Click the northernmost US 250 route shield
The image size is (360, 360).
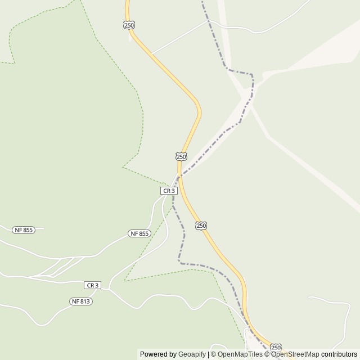129,25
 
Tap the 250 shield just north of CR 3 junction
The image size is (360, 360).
181,156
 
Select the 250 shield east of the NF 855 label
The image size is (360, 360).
201,226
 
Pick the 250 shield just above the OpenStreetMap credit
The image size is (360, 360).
276,348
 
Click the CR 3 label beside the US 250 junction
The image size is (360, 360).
169,191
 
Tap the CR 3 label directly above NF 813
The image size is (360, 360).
92,285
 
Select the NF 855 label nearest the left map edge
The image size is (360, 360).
24,229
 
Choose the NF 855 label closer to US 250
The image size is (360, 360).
139,233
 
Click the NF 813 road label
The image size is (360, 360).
81,301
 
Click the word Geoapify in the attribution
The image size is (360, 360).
192,354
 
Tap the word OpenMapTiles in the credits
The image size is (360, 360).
240,354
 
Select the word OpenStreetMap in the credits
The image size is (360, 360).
295,354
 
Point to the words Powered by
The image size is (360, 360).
158,354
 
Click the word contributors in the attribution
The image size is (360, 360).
339,354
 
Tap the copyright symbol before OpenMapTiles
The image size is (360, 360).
213,354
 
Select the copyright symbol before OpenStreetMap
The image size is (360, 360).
267,354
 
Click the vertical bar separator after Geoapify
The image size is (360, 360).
208,354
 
